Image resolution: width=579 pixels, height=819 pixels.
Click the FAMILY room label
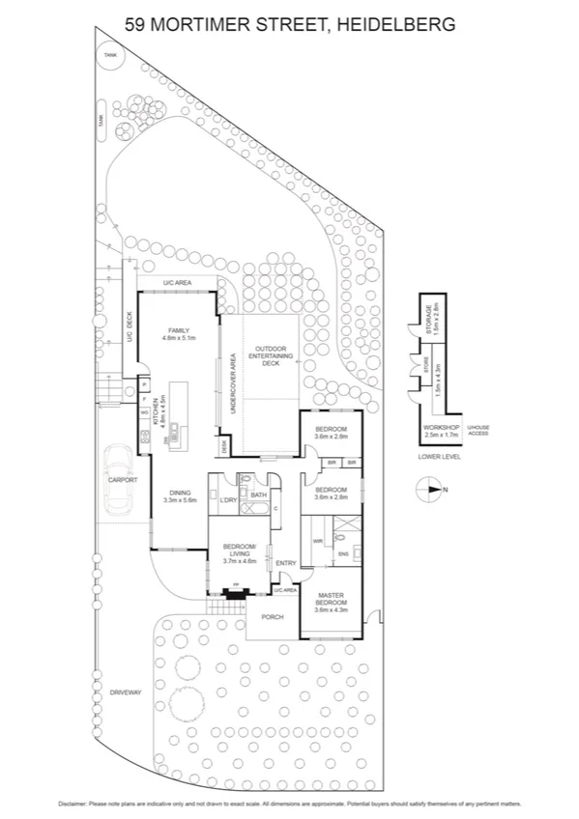click(180, 329)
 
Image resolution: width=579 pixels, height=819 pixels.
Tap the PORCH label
click(274, 617)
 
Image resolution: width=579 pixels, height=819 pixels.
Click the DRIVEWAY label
click(125, 692)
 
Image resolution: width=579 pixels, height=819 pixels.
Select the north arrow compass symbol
click(431, 491)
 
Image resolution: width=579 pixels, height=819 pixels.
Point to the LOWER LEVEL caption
click(439, 456)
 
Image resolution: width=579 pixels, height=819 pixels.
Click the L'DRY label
click(228, 499)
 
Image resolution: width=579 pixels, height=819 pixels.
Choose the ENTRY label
click(285, 563)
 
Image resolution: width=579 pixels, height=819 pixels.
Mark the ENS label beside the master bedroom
click(343, 553)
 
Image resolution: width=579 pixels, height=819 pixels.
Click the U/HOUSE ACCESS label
click(478, 431)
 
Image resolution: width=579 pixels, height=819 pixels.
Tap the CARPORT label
click(124, 480)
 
